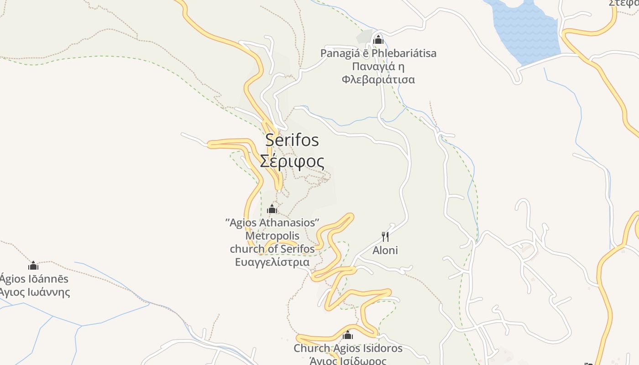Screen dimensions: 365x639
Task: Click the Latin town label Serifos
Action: (x=292, y=140)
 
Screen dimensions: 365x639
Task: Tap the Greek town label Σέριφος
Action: (x=292, y=162)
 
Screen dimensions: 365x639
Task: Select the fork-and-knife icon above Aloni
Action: (x=385, y=236)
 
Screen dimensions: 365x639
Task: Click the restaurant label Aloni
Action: (x=385, y=250)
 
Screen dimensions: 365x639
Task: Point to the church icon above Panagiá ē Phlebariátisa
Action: (x=378, y=40)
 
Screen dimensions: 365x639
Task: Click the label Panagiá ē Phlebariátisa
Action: (x=378, y=53)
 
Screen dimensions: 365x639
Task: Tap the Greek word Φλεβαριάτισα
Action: (x=378, y=80)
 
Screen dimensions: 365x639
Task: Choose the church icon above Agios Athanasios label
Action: (x=272, y=209)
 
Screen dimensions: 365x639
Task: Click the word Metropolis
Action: (x=272, y=236)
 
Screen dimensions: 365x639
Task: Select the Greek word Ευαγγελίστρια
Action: (x=272, y=262)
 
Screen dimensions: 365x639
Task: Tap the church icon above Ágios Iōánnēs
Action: (x=33, y=266)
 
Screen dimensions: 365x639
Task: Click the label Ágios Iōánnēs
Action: (x=34, y=279)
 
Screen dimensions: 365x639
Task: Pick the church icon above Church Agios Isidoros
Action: (x=348, y=335)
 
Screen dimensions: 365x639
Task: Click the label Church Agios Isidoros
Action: (x=348, y=349)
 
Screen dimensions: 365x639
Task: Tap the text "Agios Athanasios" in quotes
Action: (x=272, y=223)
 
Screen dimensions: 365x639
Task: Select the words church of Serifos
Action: (x=272, y=249)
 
